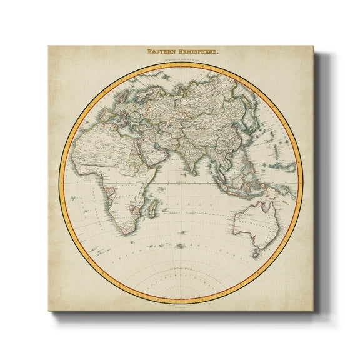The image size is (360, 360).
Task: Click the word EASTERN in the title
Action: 162,53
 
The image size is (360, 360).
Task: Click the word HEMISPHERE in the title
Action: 196,53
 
